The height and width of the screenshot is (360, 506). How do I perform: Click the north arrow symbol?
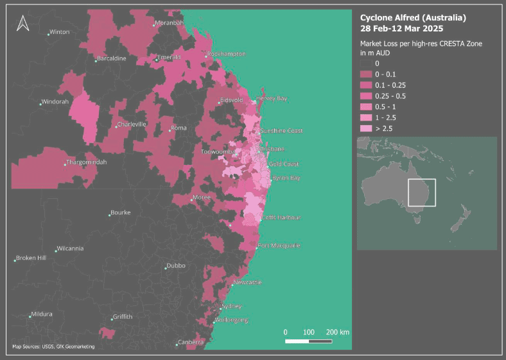tap(22, 23)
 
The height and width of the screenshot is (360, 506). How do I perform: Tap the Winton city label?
tap(60, 31)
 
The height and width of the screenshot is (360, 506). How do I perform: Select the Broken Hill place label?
tap(31, 258)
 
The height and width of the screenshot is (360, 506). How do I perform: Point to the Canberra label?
tap(191, 342)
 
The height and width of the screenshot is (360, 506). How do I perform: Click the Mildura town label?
tap(41, 314)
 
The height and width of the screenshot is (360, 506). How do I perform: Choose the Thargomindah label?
tap(87, 162)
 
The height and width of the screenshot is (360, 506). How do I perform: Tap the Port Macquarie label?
tap(279, 246)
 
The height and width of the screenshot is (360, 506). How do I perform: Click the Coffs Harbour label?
tap(281, 218)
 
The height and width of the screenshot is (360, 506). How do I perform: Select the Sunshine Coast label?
tap(281, 131)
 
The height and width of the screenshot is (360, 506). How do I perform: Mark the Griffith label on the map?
tap(122, 317)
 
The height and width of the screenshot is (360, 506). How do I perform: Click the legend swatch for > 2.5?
tap(365, 129)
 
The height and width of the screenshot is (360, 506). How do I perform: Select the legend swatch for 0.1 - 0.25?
tap(365, 85)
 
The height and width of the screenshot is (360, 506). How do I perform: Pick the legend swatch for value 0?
tap(365, 64)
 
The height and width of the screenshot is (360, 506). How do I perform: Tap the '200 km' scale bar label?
tap(337, 332)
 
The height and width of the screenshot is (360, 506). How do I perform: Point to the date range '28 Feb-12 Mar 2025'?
tap(401, 29)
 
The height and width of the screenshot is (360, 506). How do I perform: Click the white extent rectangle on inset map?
tap(421, 193)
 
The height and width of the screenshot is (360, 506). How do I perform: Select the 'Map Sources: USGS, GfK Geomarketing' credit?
tap(53, 347)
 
